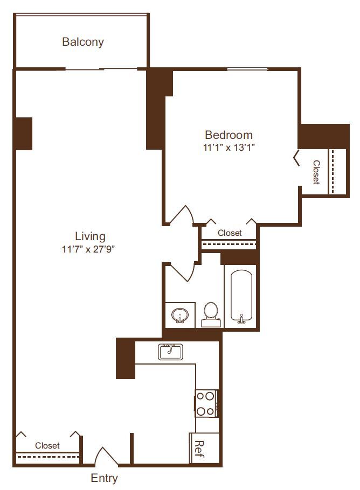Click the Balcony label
point(82,41)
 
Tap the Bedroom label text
point(229,135)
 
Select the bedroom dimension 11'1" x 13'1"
point(229,147)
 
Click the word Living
point(90,236)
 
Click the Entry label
point(104,478)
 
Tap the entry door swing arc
point(106,455)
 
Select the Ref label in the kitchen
point(199,447)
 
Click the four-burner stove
point(206,403)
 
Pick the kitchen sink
point(171,352)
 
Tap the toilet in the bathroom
point(211,314)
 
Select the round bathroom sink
point(179,316)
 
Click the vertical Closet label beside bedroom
point(316,172)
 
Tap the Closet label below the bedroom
point(230,233)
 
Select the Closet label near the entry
point(47,446)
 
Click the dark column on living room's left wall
point(23,134)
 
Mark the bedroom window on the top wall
point(247,69)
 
